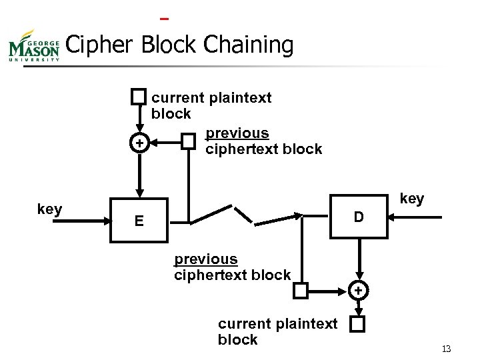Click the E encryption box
click(138, 219)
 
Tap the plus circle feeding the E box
click(138, 143)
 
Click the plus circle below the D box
click(359, 291)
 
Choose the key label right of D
click(411, 199)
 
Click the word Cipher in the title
click(98, 45)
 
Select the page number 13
click(446, 349)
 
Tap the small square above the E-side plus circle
click(138, 97)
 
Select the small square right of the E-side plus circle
click(189, 141)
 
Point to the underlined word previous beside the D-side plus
click(205, 259)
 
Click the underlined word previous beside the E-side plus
click(237, 133)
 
